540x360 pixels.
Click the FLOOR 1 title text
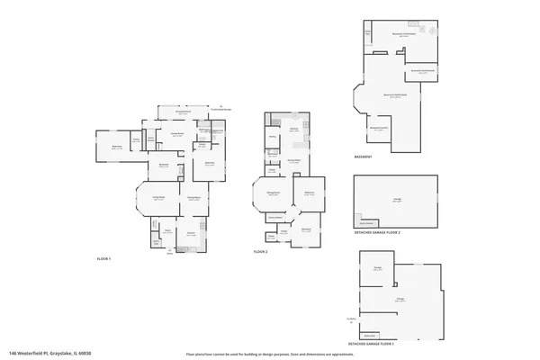click(103, 258)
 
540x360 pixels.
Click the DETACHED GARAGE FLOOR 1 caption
click(371, 344)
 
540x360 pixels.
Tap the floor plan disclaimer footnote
click(256, 355)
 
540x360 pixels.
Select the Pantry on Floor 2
click(272, 137)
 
